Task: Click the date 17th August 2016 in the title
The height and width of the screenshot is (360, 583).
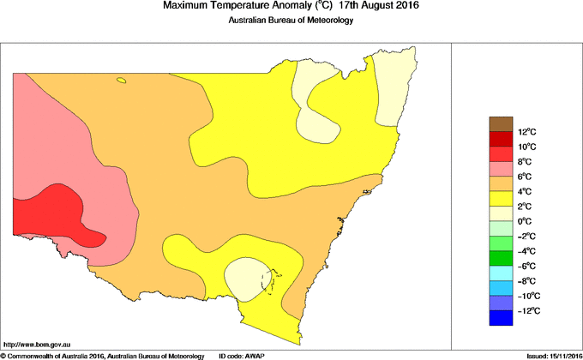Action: click(372, 7)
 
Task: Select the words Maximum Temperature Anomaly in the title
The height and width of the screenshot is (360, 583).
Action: click(233, 7)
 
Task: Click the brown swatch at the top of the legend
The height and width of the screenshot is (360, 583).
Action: click(501, 123)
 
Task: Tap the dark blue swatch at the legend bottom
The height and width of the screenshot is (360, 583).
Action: click(501, 318)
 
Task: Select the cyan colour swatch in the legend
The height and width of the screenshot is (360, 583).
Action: click(501, 273)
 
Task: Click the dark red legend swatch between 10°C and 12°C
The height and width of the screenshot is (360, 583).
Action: click(501, 139)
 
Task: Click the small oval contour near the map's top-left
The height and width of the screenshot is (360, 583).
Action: click(122, 81)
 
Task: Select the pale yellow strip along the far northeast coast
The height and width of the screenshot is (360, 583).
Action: click(395, 86)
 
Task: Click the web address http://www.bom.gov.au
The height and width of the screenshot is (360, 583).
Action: click(38, 342)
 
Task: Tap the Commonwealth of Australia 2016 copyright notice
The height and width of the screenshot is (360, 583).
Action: click(102, 355)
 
